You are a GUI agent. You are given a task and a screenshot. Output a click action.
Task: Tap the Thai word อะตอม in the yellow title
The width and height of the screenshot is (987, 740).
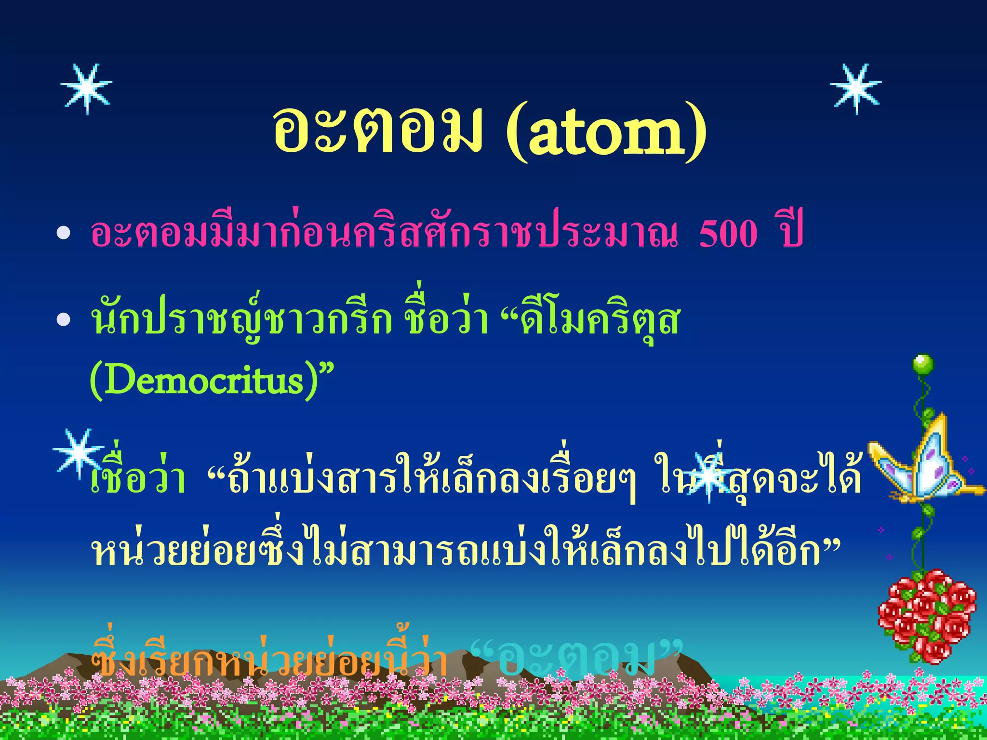click(377, 130)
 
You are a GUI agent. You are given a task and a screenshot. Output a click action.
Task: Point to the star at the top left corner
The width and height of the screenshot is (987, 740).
click(87, 89)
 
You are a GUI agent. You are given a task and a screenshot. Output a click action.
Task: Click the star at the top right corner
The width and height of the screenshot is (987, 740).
click(856, 89)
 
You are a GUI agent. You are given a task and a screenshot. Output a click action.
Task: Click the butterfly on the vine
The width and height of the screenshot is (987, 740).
click(923, 465)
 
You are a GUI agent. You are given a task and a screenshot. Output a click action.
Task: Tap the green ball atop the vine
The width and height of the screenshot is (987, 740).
click(922, 364)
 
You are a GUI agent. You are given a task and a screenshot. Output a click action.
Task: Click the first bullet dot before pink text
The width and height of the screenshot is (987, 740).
click(64, 234)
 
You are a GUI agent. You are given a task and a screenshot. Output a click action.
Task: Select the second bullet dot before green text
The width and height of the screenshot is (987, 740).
click(64, 319)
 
